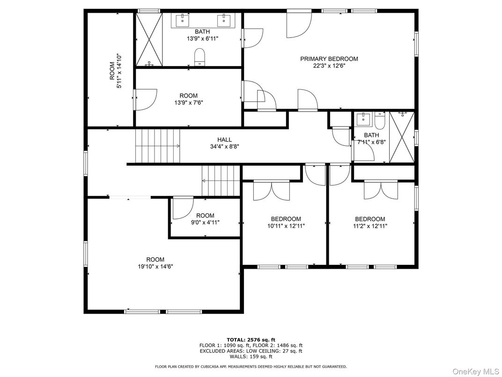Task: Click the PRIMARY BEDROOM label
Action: point(329,59)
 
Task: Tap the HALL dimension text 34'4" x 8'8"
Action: point(224,146)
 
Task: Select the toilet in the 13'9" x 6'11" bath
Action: point(200,57)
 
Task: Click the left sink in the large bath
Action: point(182,20)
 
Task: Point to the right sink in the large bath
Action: point(223,20)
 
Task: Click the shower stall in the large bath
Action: point(149,39)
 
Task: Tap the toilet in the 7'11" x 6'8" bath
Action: point(379,121)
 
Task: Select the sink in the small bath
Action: point(363,120)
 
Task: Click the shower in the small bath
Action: point(402,137)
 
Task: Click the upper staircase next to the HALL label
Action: point(157,146)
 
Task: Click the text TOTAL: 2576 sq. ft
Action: point(251,339)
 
